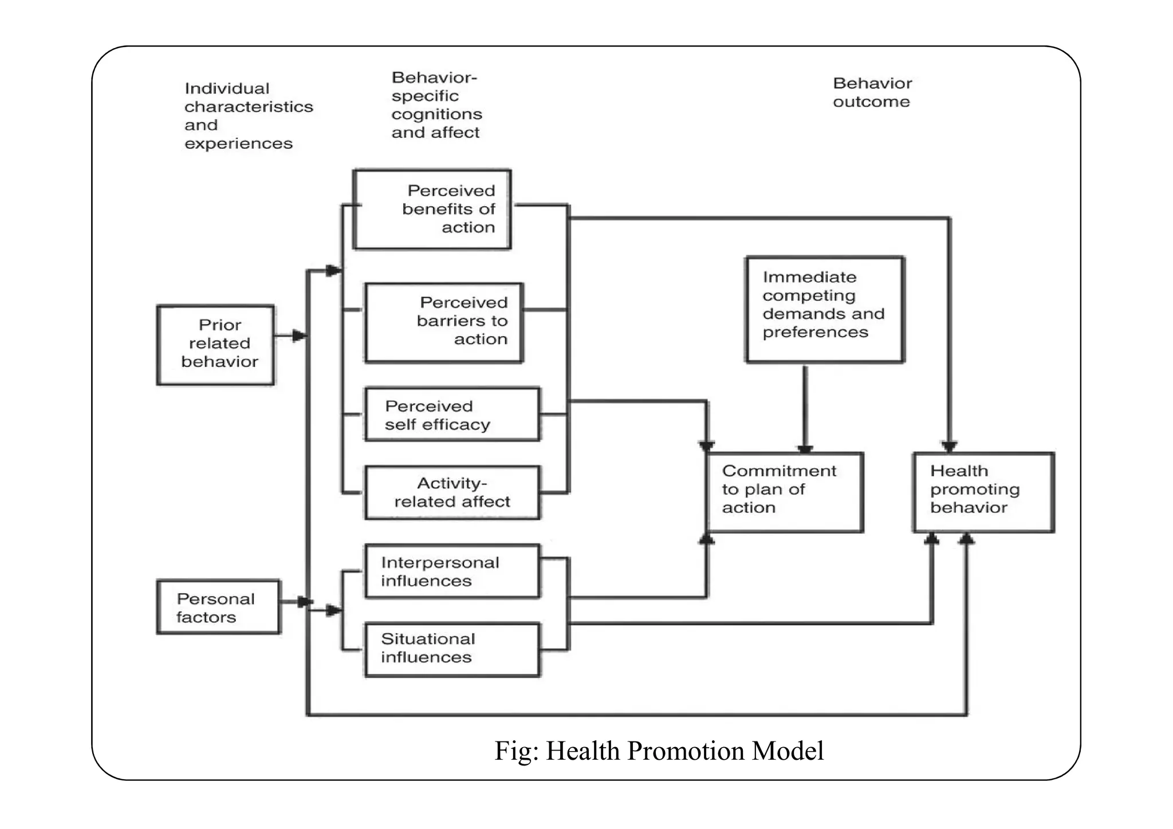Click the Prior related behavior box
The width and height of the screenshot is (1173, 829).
216,345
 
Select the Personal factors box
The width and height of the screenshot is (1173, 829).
219,607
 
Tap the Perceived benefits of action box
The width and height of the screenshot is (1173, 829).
432,210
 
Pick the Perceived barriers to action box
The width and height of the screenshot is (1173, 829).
444,322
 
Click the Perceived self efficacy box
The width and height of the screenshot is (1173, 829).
452,415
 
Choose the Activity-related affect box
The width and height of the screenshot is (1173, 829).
452,492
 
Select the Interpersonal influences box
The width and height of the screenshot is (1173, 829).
452,571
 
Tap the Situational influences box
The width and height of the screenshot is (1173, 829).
452,649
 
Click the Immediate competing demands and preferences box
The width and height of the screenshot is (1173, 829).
825,310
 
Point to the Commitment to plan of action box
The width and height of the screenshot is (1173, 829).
785,492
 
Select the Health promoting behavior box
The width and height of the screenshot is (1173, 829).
983,492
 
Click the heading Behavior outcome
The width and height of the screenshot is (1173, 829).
872,93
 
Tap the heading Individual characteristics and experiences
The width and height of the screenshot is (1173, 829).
248,116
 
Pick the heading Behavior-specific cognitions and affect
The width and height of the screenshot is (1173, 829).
436,105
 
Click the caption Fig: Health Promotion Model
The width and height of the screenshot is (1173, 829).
659,751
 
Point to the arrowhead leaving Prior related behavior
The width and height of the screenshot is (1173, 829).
299,336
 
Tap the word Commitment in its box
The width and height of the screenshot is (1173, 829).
779,471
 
